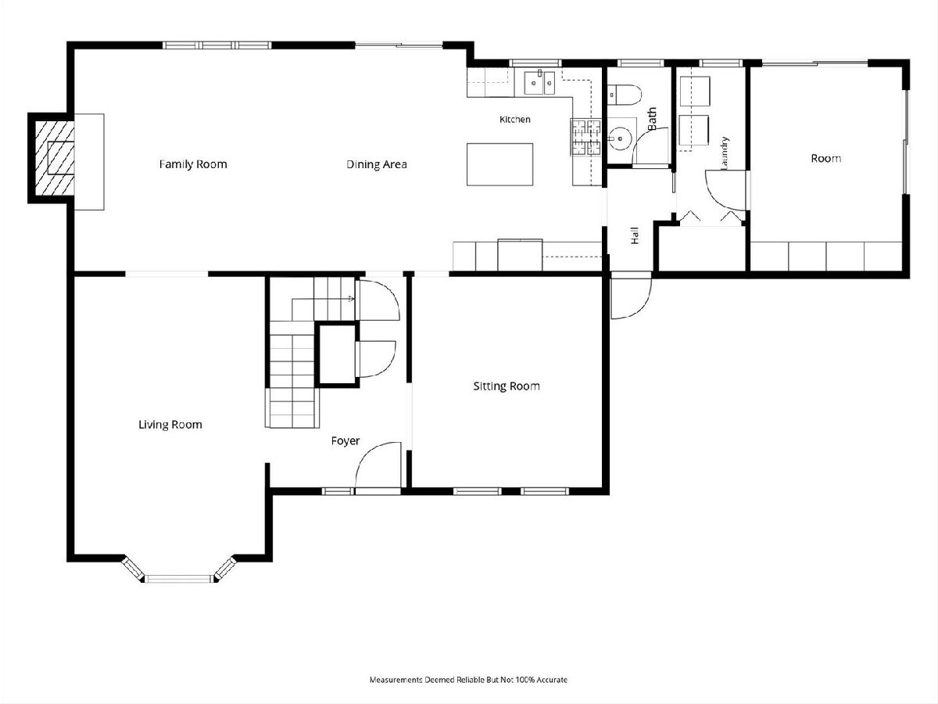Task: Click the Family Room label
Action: click(193, 164)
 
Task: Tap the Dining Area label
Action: click(377, 164)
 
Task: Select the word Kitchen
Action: click(515, 119)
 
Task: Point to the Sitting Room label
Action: click(507, 386)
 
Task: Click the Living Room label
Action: click(170, 425)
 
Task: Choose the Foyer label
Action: click(345, 440)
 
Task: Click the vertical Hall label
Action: click(635, 235)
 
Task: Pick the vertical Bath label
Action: click(652, 119)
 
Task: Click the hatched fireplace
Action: click(54, 158)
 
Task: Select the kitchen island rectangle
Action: click(499, 164)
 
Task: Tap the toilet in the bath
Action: click(625, 95)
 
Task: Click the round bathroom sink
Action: click(619, 138)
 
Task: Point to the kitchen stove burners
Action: click(586, 137)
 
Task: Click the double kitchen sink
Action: click(539, 82)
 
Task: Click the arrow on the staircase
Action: click(351, 299)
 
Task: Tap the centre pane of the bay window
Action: click(179, 579)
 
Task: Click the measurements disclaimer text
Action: click(468, 680)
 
